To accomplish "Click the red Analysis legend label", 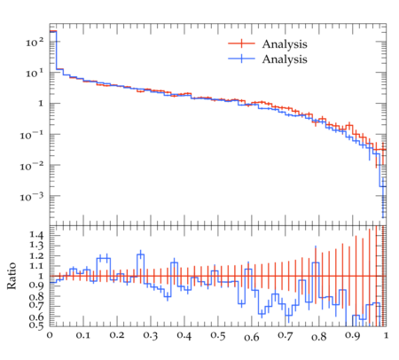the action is [285, 44].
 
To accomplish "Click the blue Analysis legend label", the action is [285, 59].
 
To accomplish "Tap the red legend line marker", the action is [241, 43].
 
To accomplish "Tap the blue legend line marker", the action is [241, 59].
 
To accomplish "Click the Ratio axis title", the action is [12, 276].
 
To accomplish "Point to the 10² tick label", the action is [35, 43].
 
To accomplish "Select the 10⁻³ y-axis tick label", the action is [32, 197].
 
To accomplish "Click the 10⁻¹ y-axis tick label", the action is [32, 135].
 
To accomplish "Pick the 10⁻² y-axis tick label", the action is [32, 166].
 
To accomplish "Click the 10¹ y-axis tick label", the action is [35, 73].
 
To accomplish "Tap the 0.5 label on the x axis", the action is [218, 336].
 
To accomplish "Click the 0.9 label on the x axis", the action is [353, 336].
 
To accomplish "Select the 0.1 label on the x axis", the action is [83, 336].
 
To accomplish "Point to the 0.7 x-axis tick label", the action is [286, 336].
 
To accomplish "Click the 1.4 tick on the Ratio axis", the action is [36, 235].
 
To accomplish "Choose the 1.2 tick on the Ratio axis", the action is [36, 255].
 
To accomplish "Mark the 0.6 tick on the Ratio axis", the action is [36, 317].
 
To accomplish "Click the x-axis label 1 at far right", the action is [386, 336].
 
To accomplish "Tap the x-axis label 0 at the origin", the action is [50, 336].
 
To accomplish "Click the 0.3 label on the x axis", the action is [151, 336].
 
